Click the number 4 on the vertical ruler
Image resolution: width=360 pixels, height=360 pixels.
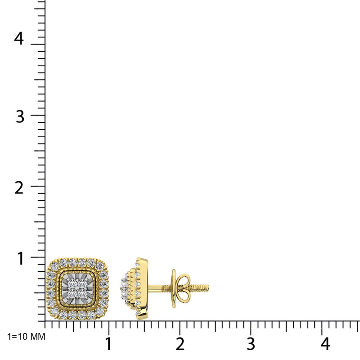18,38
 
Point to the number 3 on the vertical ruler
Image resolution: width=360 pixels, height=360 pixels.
18,116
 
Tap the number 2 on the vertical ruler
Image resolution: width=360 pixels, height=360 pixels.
18,187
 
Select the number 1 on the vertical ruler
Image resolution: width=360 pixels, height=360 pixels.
21,258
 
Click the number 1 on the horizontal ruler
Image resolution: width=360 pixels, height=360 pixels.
108,344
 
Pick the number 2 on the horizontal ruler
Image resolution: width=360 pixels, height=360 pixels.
180,344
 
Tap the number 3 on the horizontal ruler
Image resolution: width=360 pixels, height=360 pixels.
251,344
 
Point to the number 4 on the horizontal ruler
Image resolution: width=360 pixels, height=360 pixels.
325,344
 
